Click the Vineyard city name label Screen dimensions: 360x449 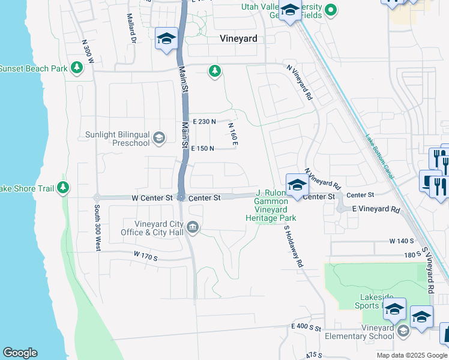pos(238,38)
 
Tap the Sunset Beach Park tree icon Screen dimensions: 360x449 pos(77,68)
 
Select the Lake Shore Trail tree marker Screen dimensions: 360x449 pos(63,188)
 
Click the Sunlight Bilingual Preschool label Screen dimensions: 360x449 pos(117,139)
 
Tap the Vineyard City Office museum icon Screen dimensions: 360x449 pos(192,227)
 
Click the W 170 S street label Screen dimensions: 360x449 pos(145,257)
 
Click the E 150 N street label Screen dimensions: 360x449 pos(202,148)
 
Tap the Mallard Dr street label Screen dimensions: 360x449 pos(133,29)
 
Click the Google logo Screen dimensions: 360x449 pos(20,353)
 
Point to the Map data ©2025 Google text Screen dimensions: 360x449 pos(411,355)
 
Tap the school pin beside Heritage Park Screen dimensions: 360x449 pos(297,185)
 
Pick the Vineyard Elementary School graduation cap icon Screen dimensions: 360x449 pos(403,330)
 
